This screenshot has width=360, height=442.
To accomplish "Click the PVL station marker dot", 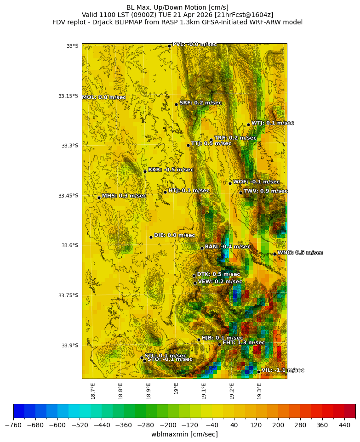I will (x=169, y=46).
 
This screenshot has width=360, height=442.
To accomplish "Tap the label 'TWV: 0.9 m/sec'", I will (x=265, y=191).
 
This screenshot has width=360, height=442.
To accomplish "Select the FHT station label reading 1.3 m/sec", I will (x=244, y=343).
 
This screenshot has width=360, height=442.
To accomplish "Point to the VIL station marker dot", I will (x=258, y=372).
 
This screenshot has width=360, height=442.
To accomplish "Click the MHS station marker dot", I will (x=99, y=198).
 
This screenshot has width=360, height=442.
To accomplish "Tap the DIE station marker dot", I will (x=151, y=237).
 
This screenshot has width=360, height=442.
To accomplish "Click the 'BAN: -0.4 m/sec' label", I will (x=228, y=247).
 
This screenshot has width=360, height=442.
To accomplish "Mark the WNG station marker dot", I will (x=274, y=254).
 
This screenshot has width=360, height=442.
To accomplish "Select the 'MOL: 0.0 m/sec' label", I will (x=104, y=97).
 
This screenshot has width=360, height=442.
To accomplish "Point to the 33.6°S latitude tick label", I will (x=70, y=245).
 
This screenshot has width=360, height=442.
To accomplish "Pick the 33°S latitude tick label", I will (x=73, y=46).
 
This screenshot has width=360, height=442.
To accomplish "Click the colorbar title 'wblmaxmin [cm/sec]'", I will (x=184, y=434).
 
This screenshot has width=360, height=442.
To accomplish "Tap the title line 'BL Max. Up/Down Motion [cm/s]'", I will (x=177, y=7).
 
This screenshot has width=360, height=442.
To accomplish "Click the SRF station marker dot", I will (x=176, y=104).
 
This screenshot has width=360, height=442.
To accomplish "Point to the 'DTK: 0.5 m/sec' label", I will (x=218, y=274).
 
